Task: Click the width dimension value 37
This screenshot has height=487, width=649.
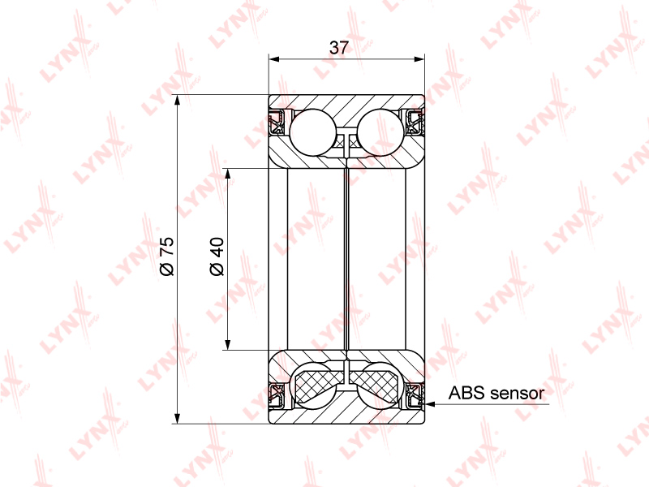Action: [339, 48]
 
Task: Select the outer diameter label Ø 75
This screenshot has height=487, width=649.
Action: [167, 256]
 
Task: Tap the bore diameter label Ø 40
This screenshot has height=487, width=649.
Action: [217, 256]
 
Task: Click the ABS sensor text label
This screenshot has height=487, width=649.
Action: [496, 393]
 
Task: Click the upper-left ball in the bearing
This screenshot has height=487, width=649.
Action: [312, 132]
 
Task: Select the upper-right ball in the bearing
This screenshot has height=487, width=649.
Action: [380, 132]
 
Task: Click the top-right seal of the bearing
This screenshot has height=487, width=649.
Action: [415, 123]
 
